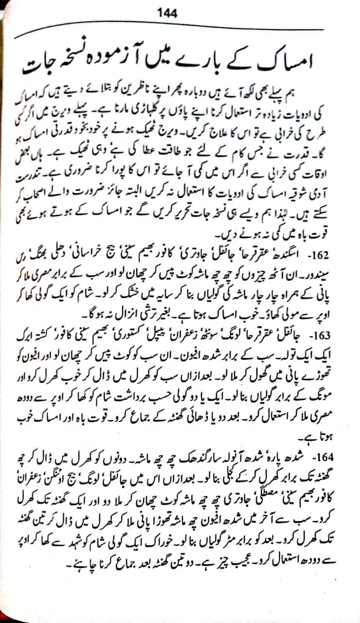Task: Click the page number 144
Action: [x=167, y=13]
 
